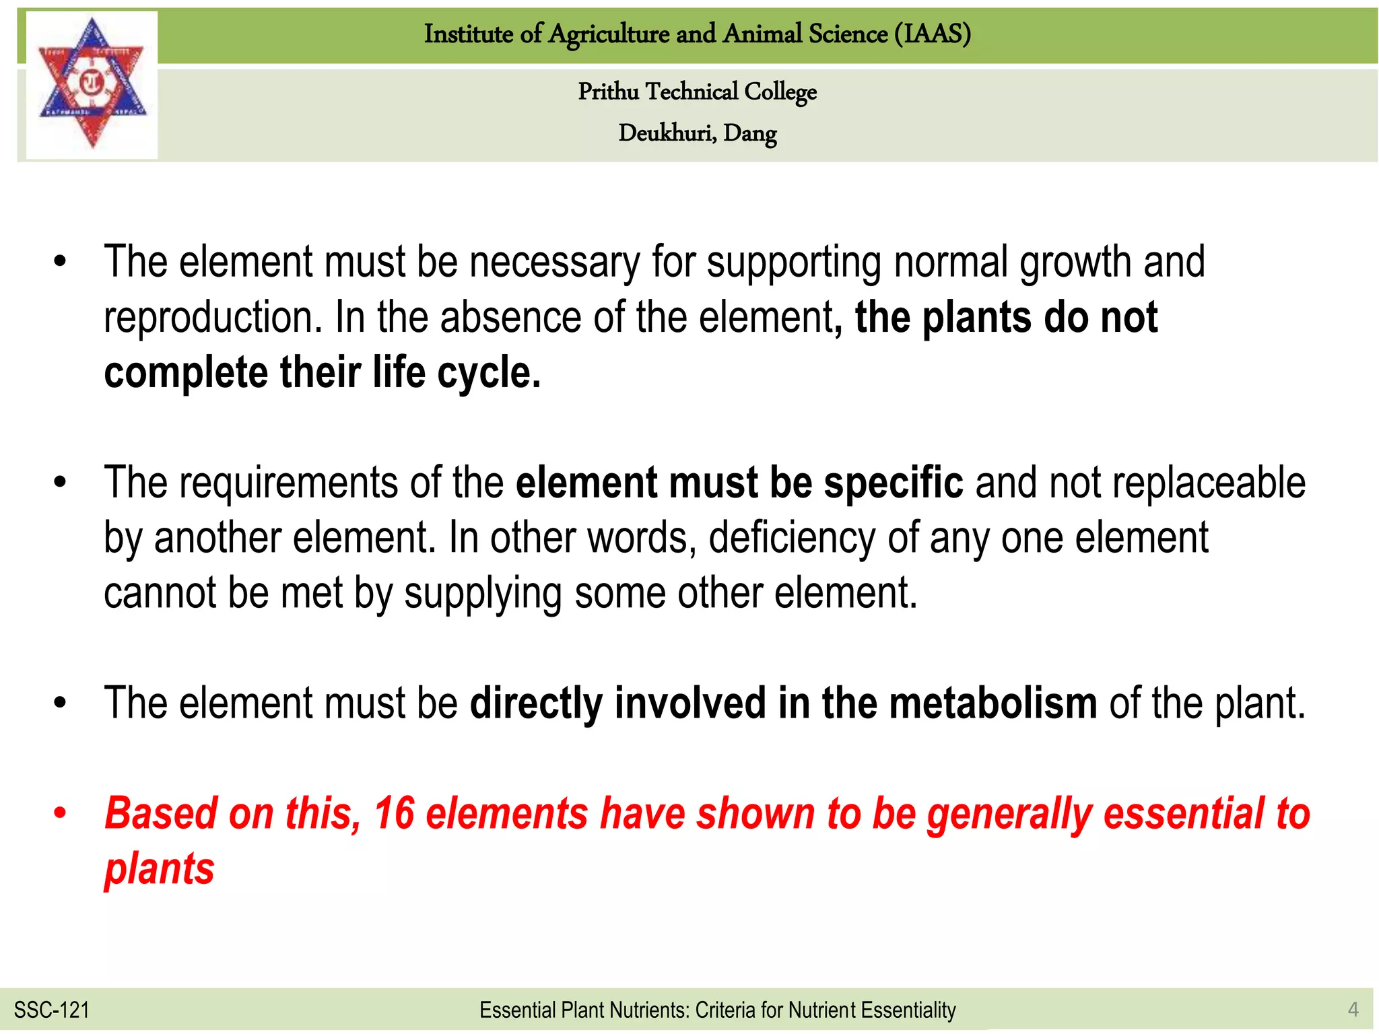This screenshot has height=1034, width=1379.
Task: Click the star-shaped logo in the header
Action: click(92, 84)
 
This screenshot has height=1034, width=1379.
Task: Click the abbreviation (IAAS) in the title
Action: click(933, 34)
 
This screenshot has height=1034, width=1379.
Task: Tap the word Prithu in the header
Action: click(609, 92)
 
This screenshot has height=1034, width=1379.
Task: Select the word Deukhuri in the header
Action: click(667, 133)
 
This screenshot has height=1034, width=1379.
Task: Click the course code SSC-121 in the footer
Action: click(52, 1010)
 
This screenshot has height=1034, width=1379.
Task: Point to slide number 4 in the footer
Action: click(1353, 1009)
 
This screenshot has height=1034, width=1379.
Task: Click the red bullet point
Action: click(61, 813)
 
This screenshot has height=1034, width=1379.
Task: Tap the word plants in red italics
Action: click(160, 869)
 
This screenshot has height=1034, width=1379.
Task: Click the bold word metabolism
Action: click(993, 703)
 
